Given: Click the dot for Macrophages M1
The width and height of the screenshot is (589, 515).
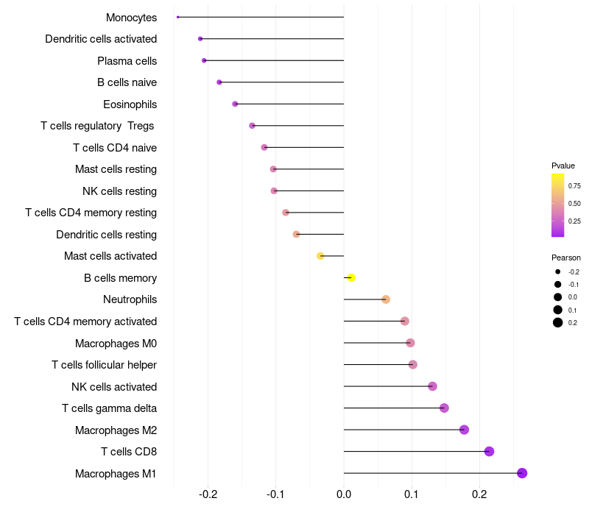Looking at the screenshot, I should click(x=522, y=473).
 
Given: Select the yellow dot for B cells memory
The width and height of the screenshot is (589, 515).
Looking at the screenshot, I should click(x=351, y=277).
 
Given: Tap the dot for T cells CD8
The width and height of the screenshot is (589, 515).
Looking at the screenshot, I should click(x=489, y=452).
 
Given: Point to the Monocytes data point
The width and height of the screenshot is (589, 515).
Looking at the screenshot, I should click(x=178, y=17).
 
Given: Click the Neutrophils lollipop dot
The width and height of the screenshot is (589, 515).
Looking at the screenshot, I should click(x=386, y=299).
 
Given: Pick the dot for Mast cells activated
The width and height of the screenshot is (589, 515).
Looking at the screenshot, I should click(x=320, y=256).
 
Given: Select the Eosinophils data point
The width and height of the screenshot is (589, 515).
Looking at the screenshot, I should click(x=235, y=104).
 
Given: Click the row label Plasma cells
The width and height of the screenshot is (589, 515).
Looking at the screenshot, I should click(x=127, y=60).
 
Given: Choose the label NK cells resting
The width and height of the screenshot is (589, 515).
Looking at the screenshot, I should click(x=119, y=191).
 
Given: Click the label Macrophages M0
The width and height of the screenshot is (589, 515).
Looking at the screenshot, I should click(x=116, y=344).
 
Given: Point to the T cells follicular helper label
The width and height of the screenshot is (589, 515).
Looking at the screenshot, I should click(x=104, y=365).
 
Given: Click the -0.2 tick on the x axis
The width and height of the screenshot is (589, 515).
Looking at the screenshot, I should click(x=208, y=493).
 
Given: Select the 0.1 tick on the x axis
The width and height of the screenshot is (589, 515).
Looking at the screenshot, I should click(x=412, y=493).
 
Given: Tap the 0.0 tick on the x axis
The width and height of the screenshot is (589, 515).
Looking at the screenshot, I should click(x=344, y=493).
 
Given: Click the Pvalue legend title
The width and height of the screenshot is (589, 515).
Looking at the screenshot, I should click(x=563, y=166).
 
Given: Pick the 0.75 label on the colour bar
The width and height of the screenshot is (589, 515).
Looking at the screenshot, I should click(x=574, y=186).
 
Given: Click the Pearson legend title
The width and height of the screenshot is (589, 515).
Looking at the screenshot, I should click(x=566, y=257).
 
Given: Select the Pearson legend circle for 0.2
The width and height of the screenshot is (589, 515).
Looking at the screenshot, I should click(x=558, y=322).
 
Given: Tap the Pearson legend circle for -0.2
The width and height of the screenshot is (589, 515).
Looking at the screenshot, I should click(x=558, y=271).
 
